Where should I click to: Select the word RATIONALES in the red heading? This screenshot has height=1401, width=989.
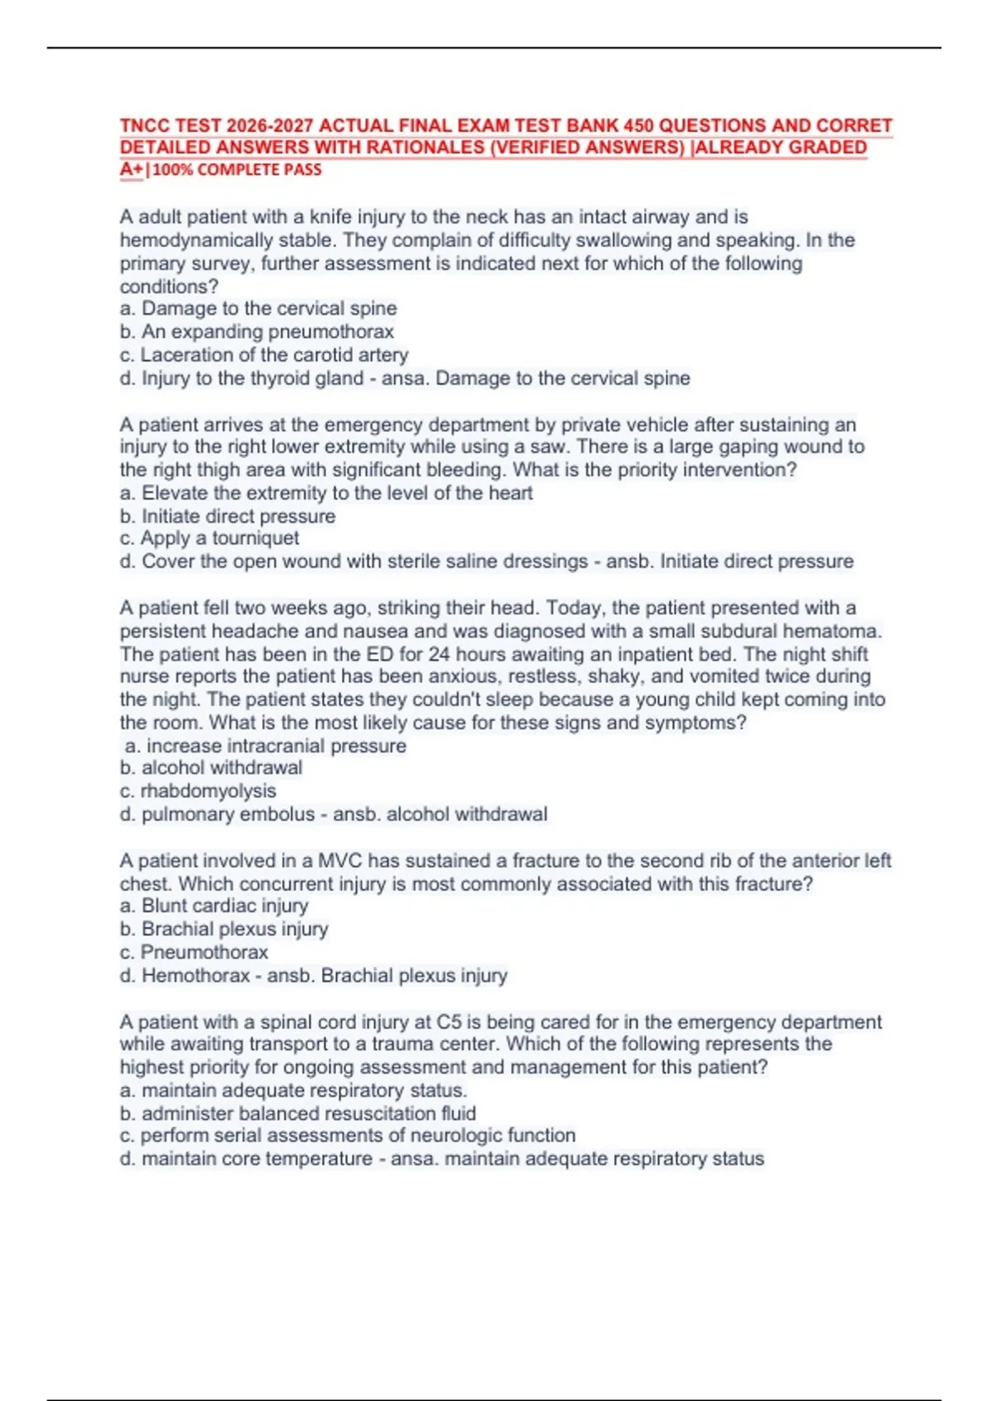point(424,148)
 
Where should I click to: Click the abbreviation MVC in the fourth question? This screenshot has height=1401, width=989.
point(340,861)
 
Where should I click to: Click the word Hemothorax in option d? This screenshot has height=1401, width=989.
point(195,976)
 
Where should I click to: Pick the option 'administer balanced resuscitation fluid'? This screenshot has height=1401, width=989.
point(308,1113)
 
